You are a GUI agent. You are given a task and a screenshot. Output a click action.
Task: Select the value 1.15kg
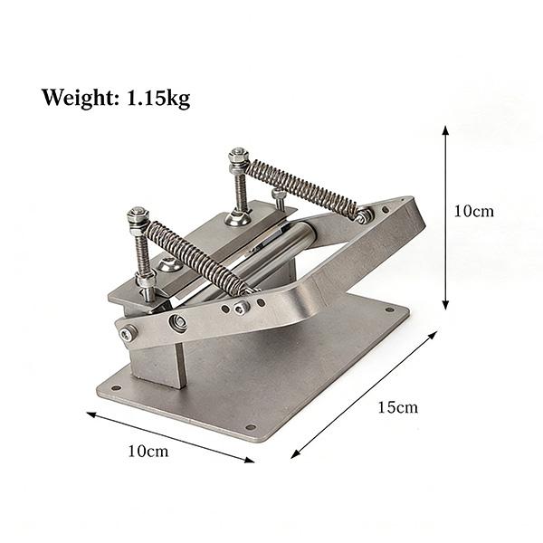(159, 98)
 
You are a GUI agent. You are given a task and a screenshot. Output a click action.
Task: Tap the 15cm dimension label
(397, 407)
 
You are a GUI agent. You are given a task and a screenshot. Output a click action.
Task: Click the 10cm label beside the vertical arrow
(473, 211)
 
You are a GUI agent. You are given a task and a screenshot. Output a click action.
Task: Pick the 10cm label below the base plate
(148, 452)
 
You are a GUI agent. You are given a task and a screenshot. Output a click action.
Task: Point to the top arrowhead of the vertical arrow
(445, 130)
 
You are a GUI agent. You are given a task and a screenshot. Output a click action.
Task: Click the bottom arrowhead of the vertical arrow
(445, 305)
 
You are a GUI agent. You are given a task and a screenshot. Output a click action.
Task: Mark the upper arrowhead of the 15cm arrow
(433, 335)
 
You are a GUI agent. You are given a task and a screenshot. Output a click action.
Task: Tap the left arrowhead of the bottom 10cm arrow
(91, 414)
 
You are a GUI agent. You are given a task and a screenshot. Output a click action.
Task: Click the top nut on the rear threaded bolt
(237, 153)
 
